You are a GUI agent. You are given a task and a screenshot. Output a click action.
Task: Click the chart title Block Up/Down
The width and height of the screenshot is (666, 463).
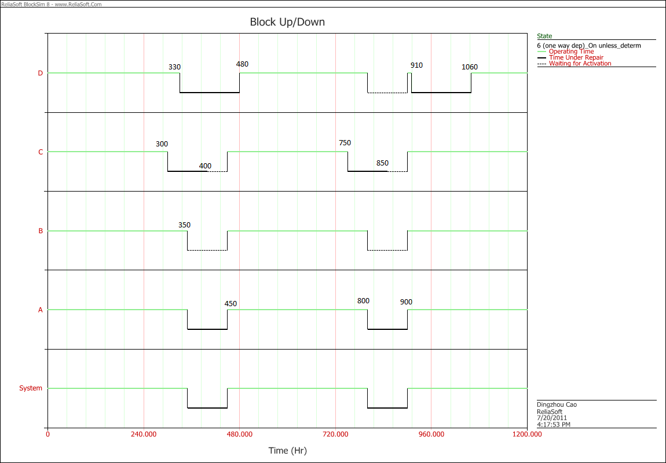[x=287, y=22]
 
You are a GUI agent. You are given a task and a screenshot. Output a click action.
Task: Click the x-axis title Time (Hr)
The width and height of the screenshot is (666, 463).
[x=287, y=450]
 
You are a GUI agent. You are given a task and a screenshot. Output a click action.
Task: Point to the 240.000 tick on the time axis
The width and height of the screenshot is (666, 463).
[x=144, y=434]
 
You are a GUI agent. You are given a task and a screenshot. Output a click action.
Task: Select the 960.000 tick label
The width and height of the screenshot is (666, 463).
[x=431, y=434]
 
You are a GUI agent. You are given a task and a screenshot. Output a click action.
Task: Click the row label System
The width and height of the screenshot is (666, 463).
[x=31, y=388]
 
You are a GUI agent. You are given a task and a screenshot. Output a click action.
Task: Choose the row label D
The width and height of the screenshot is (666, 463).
[x=40, y=74]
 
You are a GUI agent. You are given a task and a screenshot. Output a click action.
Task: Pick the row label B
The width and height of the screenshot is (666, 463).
[x=40, y=231]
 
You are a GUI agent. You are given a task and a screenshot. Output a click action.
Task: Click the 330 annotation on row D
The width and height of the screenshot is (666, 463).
[x=174, y=67]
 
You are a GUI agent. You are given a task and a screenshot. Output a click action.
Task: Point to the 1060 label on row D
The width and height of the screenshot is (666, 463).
[x=470, y=67]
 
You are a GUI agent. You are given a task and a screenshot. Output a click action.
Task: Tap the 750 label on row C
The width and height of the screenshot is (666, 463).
[x=345, y=143]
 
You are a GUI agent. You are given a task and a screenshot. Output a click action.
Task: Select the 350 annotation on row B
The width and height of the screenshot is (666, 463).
[x=184, y=225]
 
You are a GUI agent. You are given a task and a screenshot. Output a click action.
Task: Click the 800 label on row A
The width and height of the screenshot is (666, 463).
[x=363, y=301]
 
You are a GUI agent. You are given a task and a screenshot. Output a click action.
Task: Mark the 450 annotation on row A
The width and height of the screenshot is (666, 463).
[x=230, y=303]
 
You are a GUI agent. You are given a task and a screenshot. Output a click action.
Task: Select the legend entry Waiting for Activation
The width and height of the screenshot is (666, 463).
[x=580, y=64]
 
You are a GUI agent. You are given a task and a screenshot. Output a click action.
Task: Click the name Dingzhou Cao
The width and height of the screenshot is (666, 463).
[x=557, y=405]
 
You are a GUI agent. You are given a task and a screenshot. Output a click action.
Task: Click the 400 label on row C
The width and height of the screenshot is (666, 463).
[x=205, y=166]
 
